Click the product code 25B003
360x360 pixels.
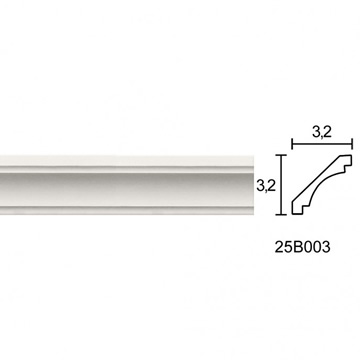303,247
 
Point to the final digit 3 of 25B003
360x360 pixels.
326,247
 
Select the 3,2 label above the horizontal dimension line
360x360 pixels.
322,132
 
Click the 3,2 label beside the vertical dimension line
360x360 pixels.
266,185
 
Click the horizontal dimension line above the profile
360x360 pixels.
322,144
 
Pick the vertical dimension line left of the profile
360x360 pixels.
282,185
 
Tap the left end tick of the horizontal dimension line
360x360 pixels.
292,144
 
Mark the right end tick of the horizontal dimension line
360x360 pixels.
352,144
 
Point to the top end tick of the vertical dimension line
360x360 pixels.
282,155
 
